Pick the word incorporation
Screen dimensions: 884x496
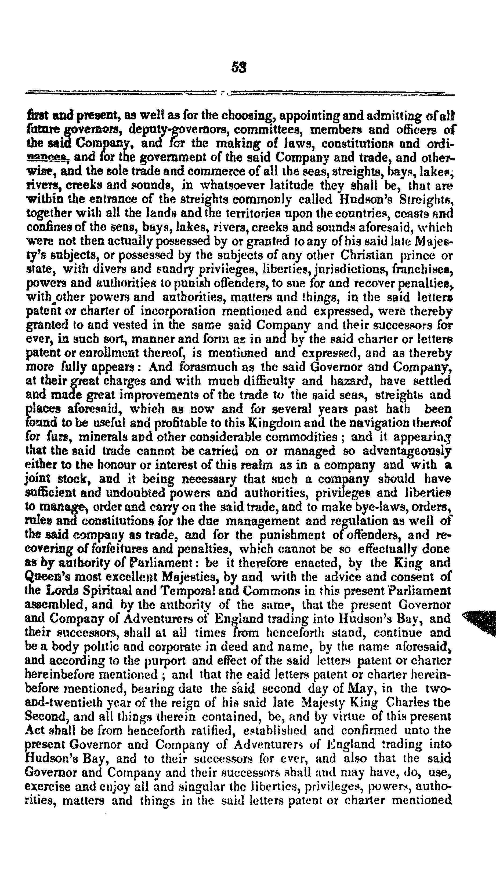tap(178, 311)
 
